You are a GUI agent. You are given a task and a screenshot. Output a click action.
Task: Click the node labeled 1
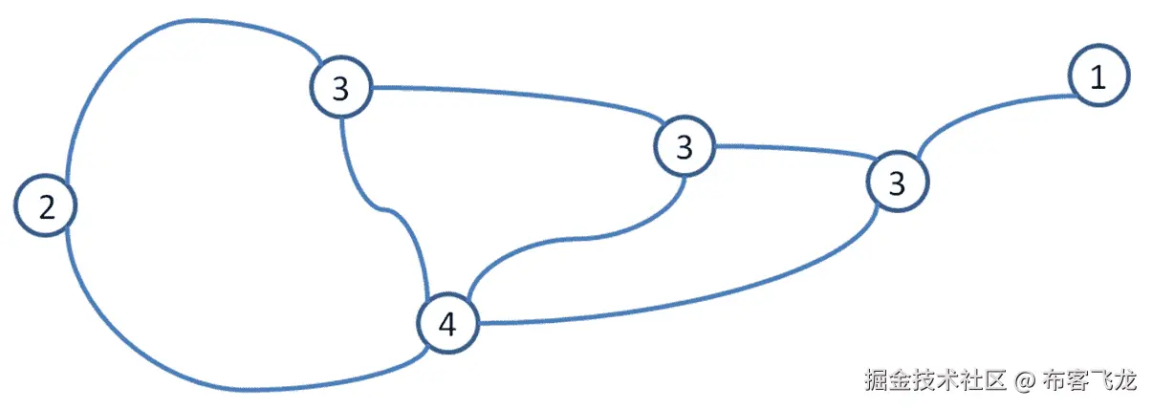1099,75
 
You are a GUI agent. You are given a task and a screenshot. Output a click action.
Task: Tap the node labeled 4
446,325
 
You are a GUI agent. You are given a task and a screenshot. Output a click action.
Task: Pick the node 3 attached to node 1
897,183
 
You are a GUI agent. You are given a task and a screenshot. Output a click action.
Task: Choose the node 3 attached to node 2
339,88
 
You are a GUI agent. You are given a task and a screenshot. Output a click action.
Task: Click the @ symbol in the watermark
1023,381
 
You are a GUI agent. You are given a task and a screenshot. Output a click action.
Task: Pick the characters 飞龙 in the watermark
1113,381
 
